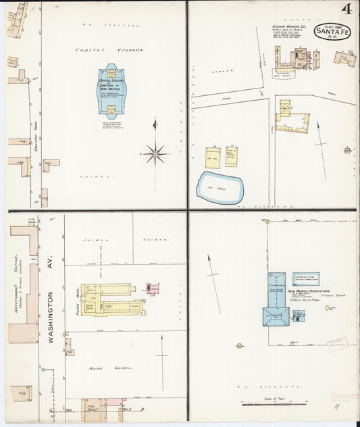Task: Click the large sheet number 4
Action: tap(346, 9)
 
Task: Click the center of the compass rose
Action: tap(155, 153)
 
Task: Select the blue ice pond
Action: tap(219, 187)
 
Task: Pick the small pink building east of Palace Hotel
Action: tap(153, 289)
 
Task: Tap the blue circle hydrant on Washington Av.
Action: tap(42, 370)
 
